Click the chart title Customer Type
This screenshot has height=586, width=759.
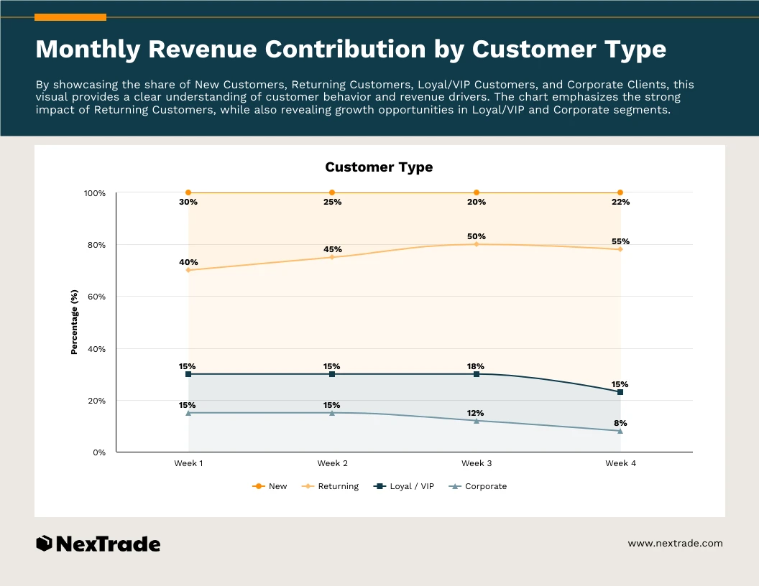[x=379, y=167]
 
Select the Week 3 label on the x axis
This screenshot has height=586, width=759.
[x=477, y=463]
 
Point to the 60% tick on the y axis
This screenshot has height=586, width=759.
[x=96, y=297]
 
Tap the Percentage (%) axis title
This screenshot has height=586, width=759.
[x=74, y=322]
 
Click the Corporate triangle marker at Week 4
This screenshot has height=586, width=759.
[x=620, y=431]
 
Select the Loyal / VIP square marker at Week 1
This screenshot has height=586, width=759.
[x=188, y=374]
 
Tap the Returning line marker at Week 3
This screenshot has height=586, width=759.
[x=477, y=244]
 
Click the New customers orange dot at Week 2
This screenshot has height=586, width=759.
[x=332, y=192]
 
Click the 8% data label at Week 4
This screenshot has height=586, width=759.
[x=620, y=423]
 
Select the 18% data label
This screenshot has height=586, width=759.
[x=476, y=366]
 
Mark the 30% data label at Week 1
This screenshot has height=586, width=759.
[x=188, y=203]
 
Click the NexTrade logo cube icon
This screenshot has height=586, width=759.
[x=44, y=544]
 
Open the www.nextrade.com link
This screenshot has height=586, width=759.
[x=675, y=544]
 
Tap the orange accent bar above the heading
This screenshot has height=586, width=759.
[x=70, y=17]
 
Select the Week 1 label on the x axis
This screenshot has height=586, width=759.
[x=188, y=463]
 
